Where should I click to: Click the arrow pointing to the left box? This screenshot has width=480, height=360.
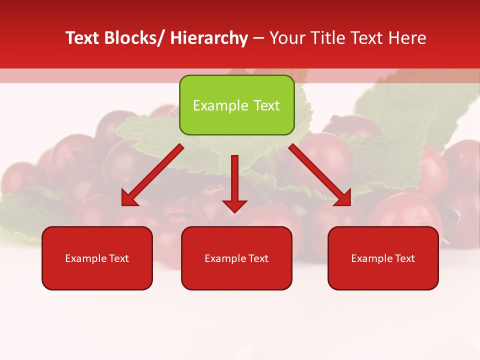pyautogui.click(x=152, y=175)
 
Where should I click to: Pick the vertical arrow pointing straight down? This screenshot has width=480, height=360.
pyautogui.click(x=234, y=182)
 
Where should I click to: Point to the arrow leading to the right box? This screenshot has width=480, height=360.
pyautogui.click(x=320, y=175)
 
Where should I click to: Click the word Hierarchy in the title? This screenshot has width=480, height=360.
pyautogui.click(x=208, y=38)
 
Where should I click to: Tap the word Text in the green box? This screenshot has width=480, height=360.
pyautogui.click(x=266, y=105)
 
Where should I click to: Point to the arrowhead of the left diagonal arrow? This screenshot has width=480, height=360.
pyautogui.click(x=129, y=198)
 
